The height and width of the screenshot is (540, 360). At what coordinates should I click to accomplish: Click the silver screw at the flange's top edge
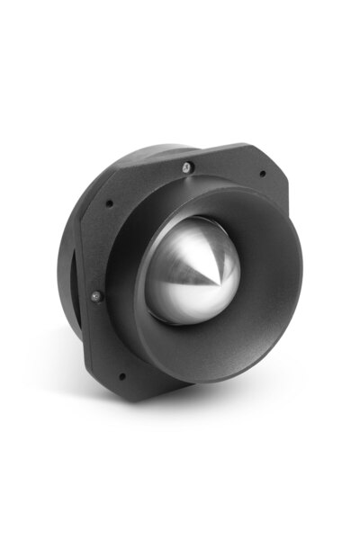(185, 166)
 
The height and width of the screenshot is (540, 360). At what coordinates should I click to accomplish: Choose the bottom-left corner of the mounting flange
(106, 378)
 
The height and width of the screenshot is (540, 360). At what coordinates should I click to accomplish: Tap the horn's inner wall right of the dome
(270, 270)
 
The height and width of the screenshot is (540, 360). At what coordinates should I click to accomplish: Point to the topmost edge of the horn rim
(220, 185)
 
